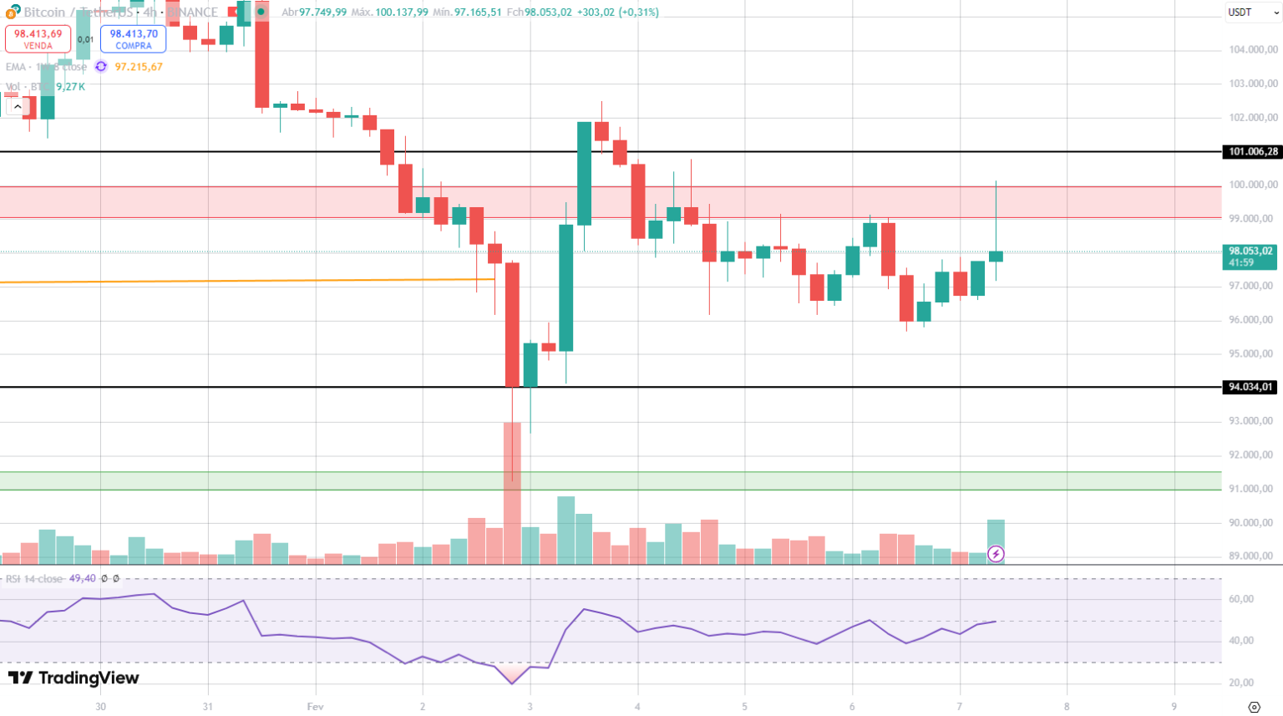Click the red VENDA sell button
[x=38, y=38]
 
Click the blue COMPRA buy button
[x=134, y=38]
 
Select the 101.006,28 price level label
[x=1250, y=152]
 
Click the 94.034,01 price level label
[x=1250, y=387]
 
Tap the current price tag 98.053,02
[x=1250, y=256]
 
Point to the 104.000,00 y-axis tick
[x=1252, y=50]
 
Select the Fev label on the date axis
[x=315, y=707]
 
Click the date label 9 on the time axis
[x=1174, y=707]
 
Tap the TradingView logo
[x=74, y=678]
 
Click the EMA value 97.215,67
[x=139, y=67]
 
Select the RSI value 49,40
[x=82, y=578]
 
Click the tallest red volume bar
[x=512, y=493]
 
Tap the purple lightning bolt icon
[x=996, y=554]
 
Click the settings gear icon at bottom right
[x=1253, y=707]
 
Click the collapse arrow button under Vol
[x=17, y=107]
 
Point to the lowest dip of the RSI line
[x=512, y=683]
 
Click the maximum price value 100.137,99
[x=402, y=13]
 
